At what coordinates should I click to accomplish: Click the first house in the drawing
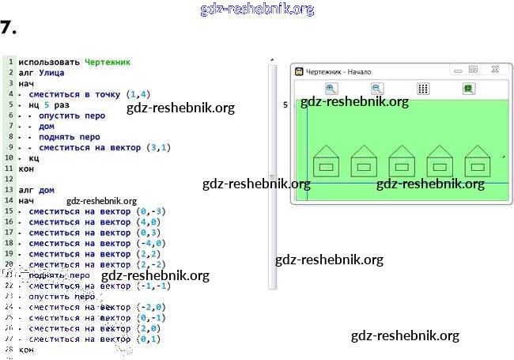326,161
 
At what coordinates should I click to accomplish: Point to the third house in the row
402,161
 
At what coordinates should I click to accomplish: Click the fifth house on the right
477,161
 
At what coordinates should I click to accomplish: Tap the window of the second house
364,167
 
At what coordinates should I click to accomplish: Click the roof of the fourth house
440,151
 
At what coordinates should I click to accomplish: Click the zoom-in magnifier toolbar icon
331,89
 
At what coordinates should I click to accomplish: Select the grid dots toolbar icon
423,89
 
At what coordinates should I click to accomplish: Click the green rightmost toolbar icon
468,89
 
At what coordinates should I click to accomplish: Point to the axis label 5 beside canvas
285,104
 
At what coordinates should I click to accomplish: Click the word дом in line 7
46,125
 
